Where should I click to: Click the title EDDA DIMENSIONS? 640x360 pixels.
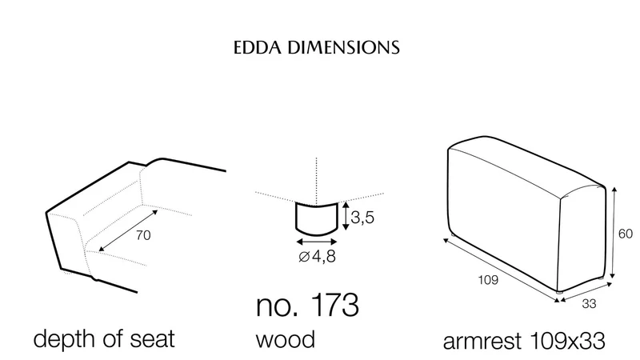(x=316, y=47)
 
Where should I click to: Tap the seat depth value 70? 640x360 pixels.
(x=143, y=235)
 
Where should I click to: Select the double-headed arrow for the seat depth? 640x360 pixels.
(x=128, y=230)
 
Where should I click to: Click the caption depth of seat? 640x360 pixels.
(x=104, y=338)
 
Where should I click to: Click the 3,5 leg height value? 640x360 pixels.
(x=362, y=218)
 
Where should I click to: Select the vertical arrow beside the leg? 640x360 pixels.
(x=346, y=216)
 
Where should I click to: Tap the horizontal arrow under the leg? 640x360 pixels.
(x=317, y=242)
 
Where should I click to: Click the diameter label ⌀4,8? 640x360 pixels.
(x=317, y=257)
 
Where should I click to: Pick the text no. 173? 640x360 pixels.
(x=307, y=305)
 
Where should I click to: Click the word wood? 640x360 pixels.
(x=286, y=339)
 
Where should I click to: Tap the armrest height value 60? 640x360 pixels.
(x=626, y=234)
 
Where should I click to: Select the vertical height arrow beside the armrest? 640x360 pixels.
(x=613, y=233)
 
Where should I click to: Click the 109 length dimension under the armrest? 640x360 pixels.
(x=488, y=280)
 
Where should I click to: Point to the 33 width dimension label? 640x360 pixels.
(x=589, y=304)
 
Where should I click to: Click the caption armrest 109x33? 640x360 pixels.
(x=524, y=341)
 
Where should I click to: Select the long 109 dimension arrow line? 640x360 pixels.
(x=502, y=270)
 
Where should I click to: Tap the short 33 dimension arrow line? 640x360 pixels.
(x=586, y=293)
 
